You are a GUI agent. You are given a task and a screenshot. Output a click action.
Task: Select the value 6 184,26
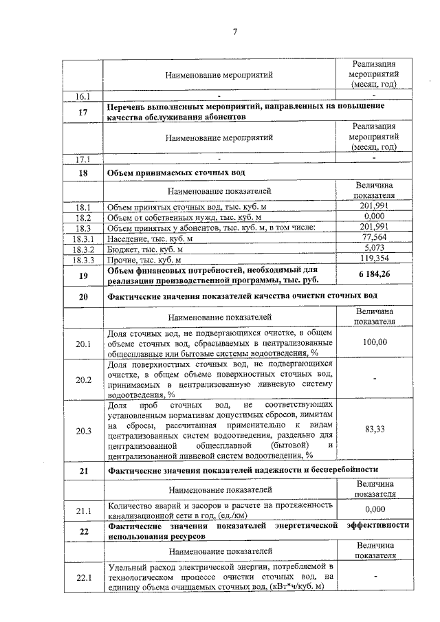pos(374,275)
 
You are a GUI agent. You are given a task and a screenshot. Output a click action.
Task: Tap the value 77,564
pos(374,238)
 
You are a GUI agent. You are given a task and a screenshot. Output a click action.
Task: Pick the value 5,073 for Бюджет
pos(374,249)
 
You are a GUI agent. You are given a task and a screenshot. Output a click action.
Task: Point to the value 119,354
pos(374,260)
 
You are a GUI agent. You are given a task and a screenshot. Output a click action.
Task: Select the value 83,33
pos(374,430)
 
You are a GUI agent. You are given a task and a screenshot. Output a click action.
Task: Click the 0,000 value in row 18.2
pos(374,216)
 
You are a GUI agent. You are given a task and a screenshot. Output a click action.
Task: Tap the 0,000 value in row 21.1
pos(374,509)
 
